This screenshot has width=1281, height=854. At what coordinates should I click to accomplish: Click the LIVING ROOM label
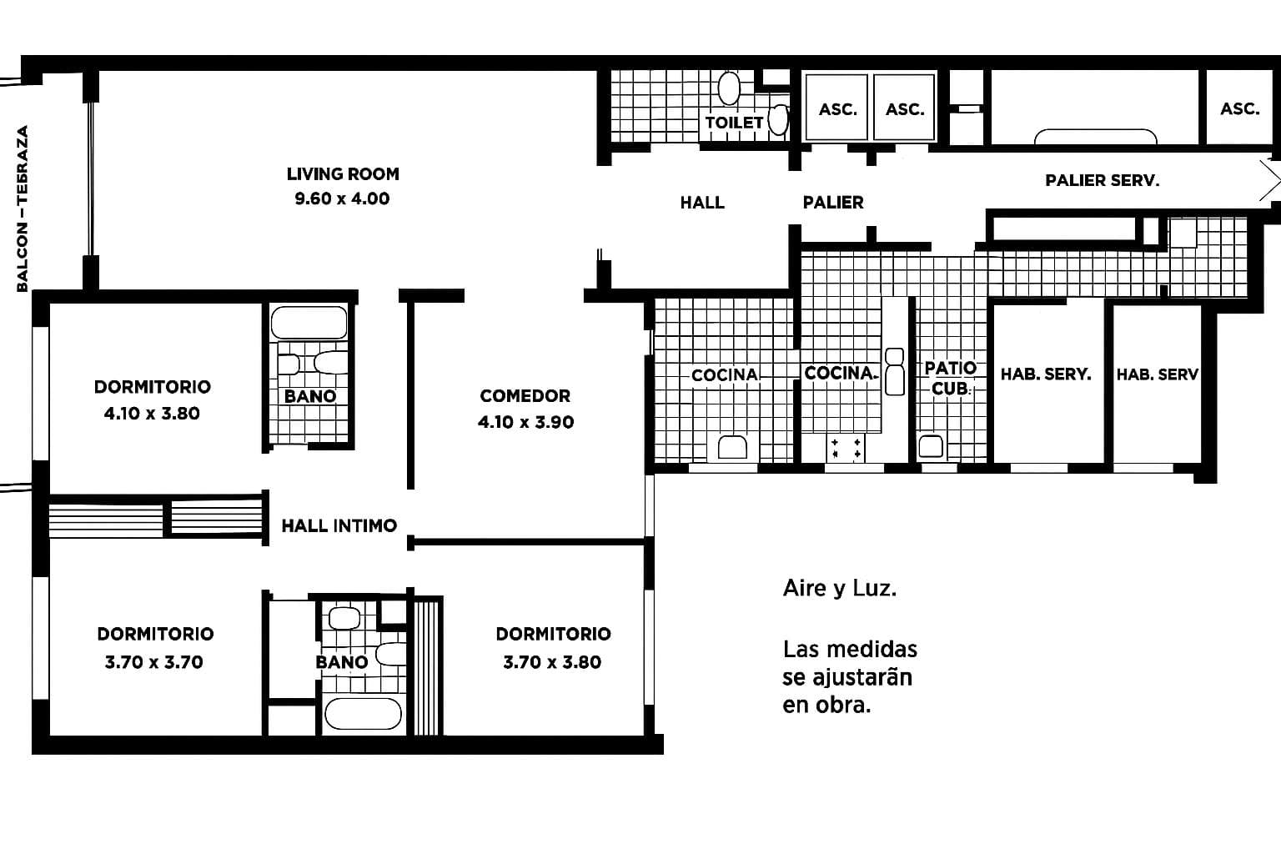(343, 174)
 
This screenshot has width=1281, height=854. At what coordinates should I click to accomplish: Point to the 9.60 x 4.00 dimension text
(342, 199)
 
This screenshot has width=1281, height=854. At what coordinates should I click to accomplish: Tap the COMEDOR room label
(525, 396)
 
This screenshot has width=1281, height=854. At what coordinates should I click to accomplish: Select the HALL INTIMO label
(339, 525)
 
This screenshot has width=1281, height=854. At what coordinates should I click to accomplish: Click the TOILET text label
(734, 123)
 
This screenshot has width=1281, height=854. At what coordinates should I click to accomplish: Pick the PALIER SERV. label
(1102, 180)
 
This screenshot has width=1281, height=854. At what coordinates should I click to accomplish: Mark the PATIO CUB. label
(950, 378)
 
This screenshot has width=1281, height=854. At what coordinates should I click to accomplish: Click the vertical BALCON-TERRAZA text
(23, 208)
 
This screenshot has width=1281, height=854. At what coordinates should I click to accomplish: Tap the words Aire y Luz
(839, 589)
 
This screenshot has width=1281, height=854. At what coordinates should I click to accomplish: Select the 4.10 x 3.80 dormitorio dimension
(152, 414)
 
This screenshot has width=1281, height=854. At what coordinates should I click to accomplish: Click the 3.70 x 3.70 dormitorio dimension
(154, 662)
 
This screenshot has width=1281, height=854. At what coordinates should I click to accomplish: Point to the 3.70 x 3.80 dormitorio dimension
(552, 662)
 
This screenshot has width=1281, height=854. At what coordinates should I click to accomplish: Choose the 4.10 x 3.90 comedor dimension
(525, 422)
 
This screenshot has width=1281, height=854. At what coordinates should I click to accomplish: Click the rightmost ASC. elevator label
(1239, 109)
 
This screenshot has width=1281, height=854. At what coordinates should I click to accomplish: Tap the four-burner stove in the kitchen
(845, 448)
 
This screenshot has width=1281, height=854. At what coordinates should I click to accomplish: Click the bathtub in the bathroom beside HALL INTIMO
(309, 323)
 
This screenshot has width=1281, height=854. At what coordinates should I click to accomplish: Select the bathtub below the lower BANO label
(363, 714)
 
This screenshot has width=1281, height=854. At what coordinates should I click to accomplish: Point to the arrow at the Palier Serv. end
(1269, 180)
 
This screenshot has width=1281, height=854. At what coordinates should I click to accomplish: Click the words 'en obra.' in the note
(826, 705)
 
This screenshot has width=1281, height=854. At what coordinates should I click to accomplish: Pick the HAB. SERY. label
(1046, 374)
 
